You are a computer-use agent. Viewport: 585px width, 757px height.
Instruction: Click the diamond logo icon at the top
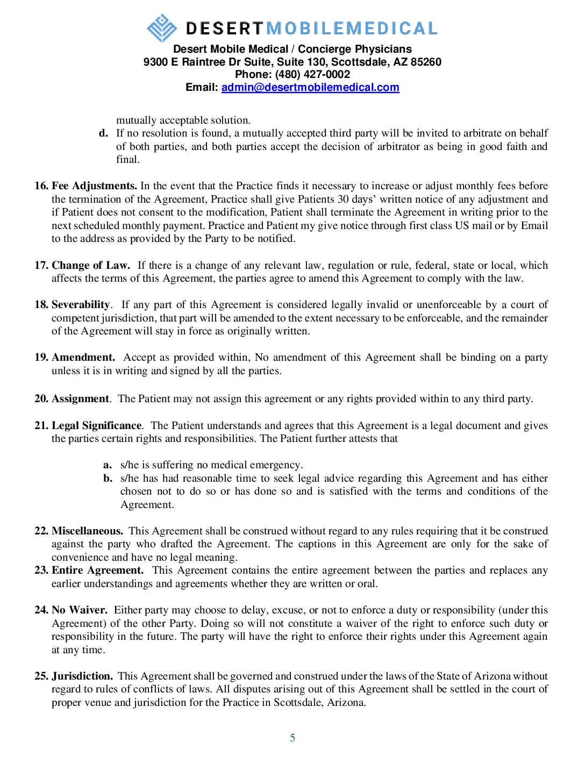tap(162, 28)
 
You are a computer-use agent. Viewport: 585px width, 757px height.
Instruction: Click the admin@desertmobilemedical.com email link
tap(310, 88)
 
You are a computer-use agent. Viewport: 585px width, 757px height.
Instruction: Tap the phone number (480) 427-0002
tap(312, 75)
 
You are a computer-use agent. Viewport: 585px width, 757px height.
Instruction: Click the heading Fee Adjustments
tap(95, 186)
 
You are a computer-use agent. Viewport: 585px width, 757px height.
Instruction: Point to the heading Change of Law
tap(91, 266)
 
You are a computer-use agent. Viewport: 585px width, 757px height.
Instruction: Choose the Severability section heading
tap(81, 305)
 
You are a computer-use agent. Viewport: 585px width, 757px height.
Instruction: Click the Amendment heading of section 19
tap(83, 358)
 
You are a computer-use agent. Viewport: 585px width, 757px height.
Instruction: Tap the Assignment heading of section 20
tap(80, 399)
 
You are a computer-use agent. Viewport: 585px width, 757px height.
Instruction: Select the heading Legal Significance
tap(97, 426)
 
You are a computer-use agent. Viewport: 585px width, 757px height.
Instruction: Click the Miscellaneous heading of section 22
tap(87, 531)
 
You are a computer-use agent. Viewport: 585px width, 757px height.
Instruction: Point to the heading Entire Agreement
tap(97, 570)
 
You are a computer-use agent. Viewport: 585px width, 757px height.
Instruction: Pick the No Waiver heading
tap(80, 610)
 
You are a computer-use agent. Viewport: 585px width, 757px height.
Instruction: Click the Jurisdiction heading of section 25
tap(82, 676)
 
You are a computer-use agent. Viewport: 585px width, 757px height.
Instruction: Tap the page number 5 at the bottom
tap(292, 738)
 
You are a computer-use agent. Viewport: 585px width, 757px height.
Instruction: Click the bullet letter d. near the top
tap(103, 133)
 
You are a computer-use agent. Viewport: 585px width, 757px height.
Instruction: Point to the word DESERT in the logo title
tap(224, 28)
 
